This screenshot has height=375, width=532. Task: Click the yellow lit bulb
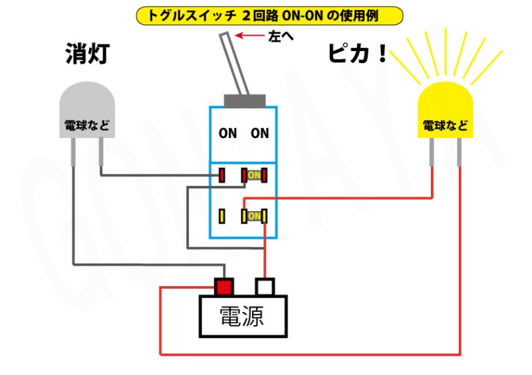pos(445,113)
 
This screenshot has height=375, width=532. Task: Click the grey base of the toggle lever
pos(245,101)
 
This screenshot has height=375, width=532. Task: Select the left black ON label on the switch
pos(227,133)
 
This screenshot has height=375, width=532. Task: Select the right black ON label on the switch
pos(260,133)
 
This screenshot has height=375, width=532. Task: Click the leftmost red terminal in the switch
pos(222,175)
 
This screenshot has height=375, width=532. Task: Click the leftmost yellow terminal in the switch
pos(222,216)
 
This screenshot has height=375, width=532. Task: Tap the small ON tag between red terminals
pos(255,175)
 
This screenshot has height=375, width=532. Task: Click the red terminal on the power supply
pos(224,287)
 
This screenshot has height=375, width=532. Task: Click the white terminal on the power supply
pos(266,287)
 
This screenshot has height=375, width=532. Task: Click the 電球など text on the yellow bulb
pos(445,125)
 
